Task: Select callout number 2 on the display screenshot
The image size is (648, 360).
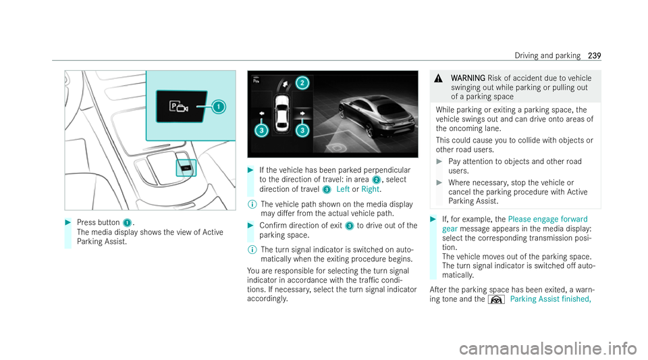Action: [x=302, y=83]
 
